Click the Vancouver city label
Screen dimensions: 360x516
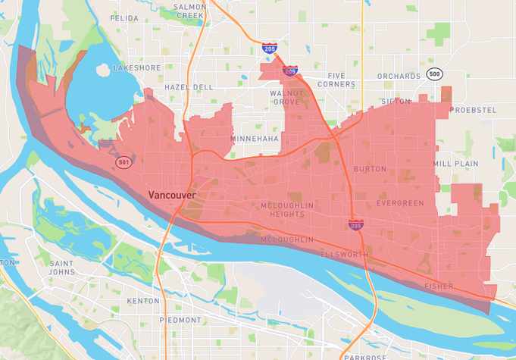(172, 195)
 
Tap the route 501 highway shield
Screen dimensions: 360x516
(124, 163)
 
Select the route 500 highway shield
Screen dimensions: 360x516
(433, 74)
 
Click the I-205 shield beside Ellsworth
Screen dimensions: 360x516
(355, 224)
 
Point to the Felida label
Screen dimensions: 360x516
(124, 17)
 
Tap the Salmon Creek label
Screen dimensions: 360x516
(189, 11)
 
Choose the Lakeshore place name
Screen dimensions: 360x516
(137, 67)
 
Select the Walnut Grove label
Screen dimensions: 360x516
(286, 96)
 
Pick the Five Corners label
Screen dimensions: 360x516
(347, 80)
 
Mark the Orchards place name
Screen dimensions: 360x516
(399, 76)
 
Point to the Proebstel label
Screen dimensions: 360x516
(473, 110)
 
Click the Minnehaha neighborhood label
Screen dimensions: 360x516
(255, 139)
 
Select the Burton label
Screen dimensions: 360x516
(370, 169)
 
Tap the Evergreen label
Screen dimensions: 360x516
(402, 203)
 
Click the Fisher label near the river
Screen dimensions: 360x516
(439, 286)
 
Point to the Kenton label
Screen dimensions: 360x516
(143, 301)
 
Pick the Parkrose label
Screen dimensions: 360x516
(359, 355)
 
